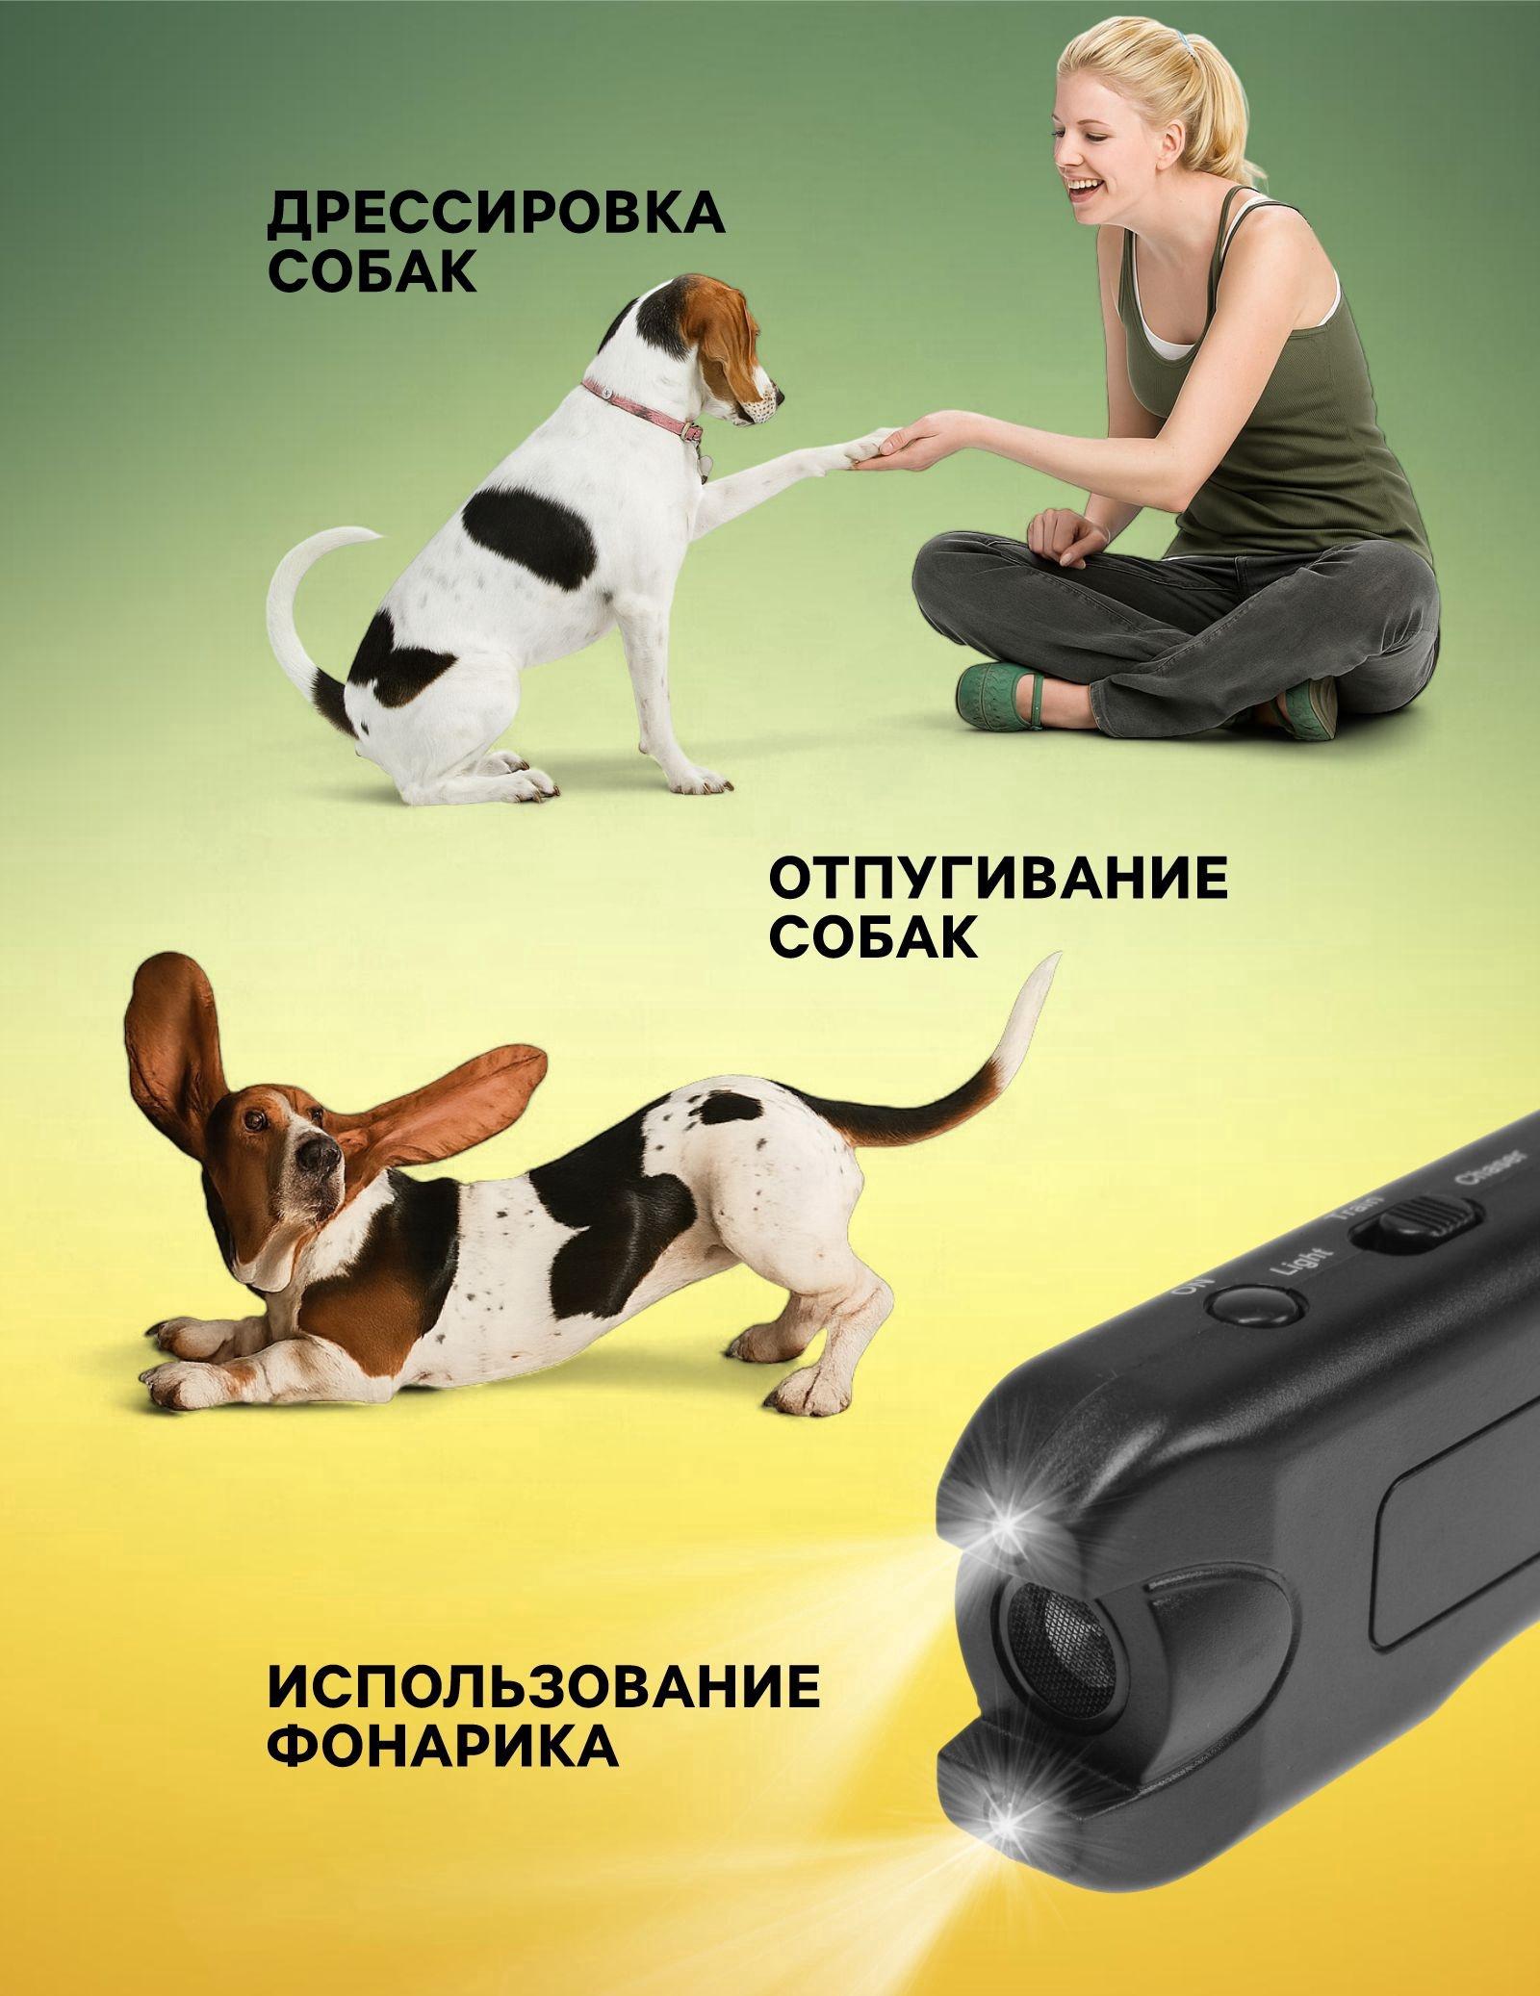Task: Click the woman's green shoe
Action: pyautogui.click(x=1001, y=691)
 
